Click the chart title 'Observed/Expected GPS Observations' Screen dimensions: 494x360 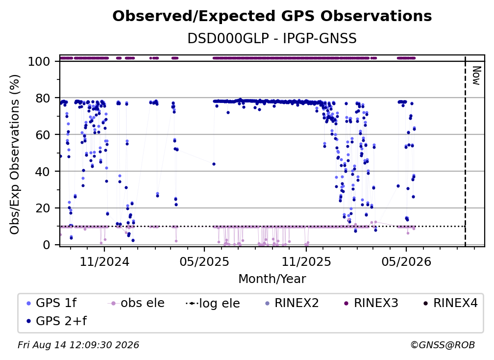272,16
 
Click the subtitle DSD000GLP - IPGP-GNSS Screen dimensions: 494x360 272,39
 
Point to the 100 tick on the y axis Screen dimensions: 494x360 39,61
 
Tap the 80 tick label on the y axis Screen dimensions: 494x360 43,98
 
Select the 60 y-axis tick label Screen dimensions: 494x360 43,135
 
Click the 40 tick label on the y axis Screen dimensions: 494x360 43,172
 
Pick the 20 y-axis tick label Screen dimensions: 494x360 43,208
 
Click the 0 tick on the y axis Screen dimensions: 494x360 47,245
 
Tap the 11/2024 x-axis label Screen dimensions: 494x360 104,261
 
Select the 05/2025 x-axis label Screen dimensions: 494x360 204,261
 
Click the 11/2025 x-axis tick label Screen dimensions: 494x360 306,261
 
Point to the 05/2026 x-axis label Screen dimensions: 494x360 406,261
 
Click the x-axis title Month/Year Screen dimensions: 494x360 272,279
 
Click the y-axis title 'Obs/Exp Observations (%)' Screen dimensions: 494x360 15,154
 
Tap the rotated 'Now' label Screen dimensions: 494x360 476,76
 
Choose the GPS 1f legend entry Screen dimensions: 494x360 51,303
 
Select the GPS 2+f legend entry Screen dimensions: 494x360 57,321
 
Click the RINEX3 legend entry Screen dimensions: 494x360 370,303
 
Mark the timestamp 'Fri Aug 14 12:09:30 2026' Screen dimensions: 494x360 78,345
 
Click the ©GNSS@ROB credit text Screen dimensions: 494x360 443,345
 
